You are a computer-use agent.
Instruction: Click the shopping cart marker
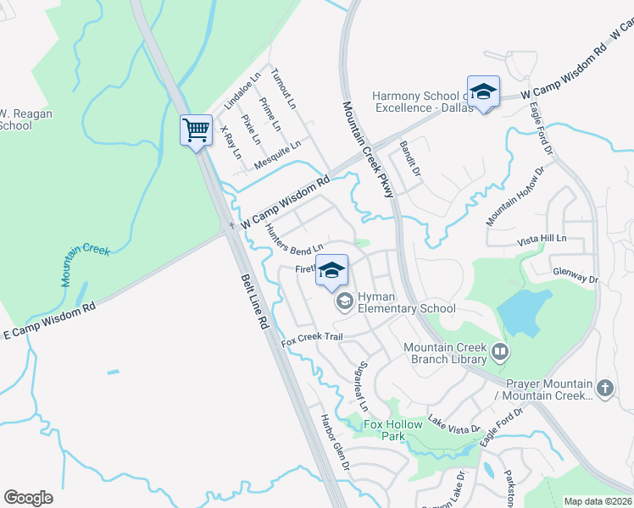click(x=196, y=131)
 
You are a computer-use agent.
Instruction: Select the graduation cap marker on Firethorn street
click(x=333, y=270)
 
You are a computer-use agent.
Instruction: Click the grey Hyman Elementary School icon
click(x=345, y=301)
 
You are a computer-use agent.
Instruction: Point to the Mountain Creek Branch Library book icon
click(x=500, y=351)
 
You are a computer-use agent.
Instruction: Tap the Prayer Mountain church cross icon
click(x=603, y=388)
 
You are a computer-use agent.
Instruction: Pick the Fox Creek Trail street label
click(x=312, y=337)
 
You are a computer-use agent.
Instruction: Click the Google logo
click(x=28, y=498)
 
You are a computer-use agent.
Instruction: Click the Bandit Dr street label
click(x=410, y=157)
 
